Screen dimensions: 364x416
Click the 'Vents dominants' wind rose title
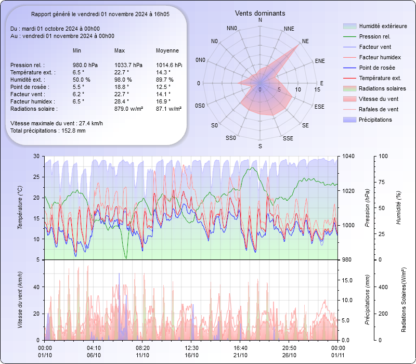(x=260, y=13)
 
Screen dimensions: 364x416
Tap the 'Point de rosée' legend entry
(x=376, y=68)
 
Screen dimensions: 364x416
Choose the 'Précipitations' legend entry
(x=375, y=120)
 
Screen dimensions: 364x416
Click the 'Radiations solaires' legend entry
(x=383, y=88)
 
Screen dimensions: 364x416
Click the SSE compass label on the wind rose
(x=288, y=138)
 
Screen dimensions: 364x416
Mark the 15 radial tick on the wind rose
(x=317, y=89)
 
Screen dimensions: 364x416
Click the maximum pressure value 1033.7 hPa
(x=128, y=65)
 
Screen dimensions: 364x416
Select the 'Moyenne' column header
(x=167, y=51)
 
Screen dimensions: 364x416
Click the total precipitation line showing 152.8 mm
(x=48, y=131)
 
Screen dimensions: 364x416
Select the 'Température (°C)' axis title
(x=20, y=208)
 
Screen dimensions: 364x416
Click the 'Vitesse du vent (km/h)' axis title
(x=20, y=300)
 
